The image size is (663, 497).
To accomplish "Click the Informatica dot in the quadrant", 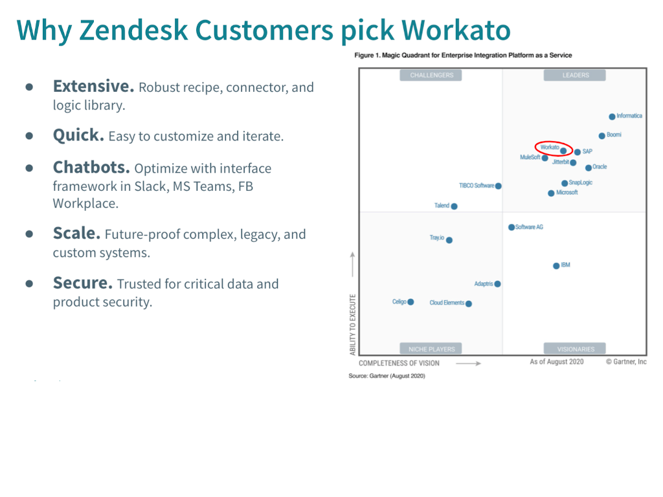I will click(x=612, y=116).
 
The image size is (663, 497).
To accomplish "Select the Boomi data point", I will click(x=601, y=136).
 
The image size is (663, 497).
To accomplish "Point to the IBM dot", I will click(x=556, y=266).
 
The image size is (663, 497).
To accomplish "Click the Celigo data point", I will click(x=410, y=302).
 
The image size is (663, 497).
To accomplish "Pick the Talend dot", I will click(x=454, y=206).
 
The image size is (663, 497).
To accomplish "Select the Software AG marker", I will click(x=511, y=227).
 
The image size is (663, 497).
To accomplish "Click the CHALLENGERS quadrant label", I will click(x=432, y=75).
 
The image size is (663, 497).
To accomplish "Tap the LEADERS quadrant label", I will click(x=575, y=75).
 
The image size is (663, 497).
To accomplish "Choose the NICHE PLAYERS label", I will click(x=431, y=349).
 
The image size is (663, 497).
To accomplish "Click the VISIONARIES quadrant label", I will click(x=575, y=349).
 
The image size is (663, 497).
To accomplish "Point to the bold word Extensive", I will click(x=93, y=86).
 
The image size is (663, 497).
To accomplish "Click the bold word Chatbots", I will click(x=91, y=168).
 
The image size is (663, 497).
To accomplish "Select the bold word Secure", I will click(x=83, y=283).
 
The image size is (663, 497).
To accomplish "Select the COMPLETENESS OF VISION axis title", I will click(x=399, y=363).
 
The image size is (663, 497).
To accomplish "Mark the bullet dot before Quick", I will click(x=29, y=136).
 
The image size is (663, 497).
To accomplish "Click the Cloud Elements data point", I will click(x=469, y=304).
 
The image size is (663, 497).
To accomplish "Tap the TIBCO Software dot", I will click(x=498, y=186).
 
